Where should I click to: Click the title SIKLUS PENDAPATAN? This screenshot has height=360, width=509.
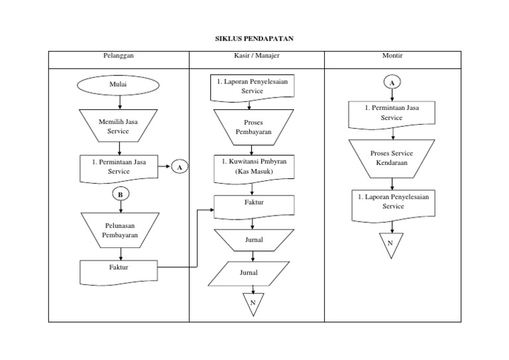[254, 39]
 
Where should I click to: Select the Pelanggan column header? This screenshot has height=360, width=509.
[119, 56]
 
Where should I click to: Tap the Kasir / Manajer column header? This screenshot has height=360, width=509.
[256, 56]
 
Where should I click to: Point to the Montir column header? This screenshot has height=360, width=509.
[392, 56]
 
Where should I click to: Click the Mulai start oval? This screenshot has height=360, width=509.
[118, 86]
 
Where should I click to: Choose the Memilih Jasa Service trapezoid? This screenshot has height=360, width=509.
[118, 127]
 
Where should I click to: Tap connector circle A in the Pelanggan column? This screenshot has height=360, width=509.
[179, 167]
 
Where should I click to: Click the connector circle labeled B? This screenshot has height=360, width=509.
[121, 194]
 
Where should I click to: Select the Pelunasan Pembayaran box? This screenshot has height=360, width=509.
[120, 230]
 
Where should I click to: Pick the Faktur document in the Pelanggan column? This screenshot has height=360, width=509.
[119, 269]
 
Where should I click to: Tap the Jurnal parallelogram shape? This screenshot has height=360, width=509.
[249, 272]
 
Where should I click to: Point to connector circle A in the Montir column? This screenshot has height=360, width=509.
[392, 83]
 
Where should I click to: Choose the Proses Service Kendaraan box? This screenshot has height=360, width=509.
[392, 158]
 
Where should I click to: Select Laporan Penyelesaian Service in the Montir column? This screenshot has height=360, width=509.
[392, 202]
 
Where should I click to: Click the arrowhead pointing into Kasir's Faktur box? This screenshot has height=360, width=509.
[211, 210]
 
